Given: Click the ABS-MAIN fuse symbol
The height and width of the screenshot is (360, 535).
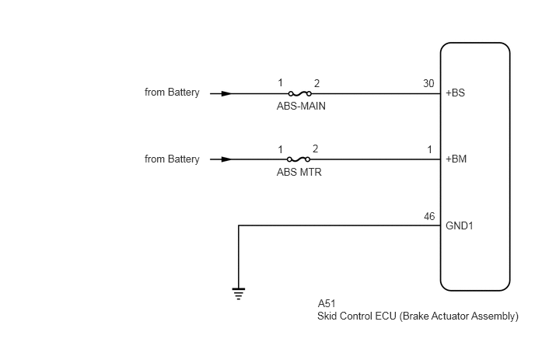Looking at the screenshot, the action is pyautogui.click(x=300, y=93).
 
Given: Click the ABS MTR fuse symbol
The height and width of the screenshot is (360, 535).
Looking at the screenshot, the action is pyautogui.click(x=299, y=159).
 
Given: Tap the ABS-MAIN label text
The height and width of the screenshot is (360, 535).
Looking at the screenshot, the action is pyautogui.click(x=301, y=106).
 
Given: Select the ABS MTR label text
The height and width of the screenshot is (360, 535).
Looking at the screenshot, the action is pyautogui.click(x=299, y=172).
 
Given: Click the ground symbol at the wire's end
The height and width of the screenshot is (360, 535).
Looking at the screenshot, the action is pyautogui.click(x=239, y=293).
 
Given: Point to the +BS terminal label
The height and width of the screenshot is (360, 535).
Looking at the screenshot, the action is pyautogui.click(x=455, y=93).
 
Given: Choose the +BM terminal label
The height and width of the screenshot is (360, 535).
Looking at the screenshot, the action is pyautogui.click(x=456, y=159).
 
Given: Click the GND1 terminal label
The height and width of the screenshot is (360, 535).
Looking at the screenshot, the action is pyautogui.click(x=460, y=226).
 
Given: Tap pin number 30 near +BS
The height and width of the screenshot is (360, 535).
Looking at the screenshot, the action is pyautogui.click(x=428, y=84).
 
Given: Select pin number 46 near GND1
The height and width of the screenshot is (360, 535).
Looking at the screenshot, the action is pyautogui.click(x=429, y=216).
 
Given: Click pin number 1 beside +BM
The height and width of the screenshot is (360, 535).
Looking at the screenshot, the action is pyautogui.click(x=429, y=149).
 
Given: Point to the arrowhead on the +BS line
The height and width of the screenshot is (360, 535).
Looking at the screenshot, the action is pyautogui.click(x=226, y=93).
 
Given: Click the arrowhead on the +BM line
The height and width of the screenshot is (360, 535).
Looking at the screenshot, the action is pyautogui.click(x=226, y=159).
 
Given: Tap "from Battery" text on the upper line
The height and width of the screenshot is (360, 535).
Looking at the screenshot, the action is pyautogui.click(x=172, y=93).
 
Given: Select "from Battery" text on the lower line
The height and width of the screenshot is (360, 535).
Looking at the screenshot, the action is pyautogui.click(x=172, y=159).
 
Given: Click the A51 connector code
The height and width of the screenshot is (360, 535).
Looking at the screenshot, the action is pyautogui.click(x=327, y=303).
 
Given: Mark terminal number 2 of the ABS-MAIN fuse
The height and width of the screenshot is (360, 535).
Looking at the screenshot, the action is pyautogui.click(x=316, y=84).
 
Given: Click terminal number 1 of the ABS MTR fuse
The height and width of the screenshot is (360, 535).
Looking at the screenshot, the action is pyautogui.click(x=280, y=149).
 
